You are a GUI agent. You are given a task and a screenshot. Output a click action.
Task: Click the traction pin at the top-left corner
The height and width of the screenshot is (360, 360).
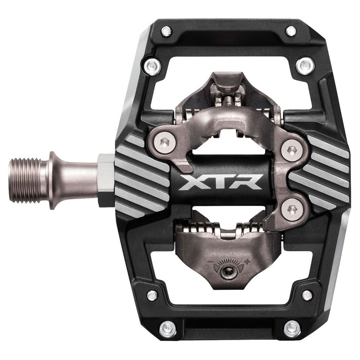166,30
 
